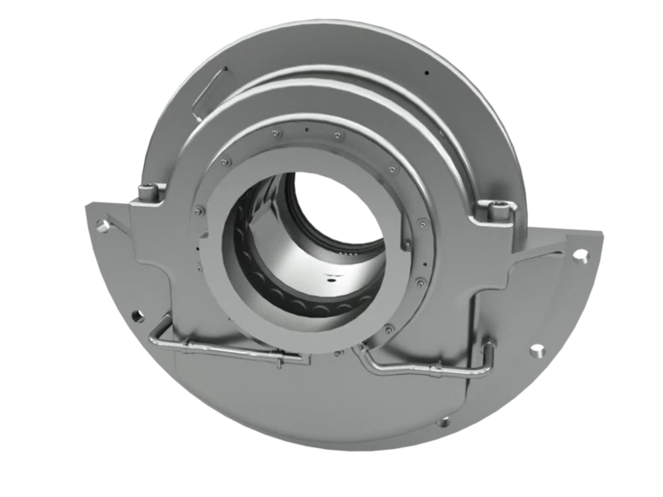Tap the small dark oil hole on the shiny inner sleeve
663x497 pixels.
[331, 279]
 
